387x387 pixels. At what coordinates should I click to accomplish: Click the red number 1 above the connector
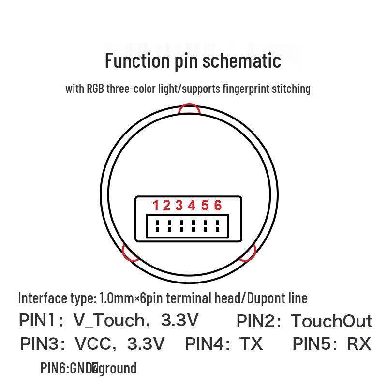156,206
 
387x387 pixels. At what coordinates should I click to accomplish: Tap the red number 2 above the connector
167,206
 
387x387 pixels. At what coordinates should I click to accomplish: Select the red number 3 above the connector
179,206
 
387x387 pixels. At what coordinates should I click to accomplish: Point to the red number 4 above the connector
192,206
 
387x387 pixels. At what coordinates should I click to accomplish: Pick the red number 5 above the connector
205,206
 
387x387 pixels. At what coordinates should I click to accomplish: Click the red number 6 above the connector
218,206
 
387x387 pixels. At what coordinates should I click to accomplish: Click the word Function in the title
136,61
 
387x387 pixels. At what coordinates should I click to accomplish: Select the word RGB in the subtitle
95,89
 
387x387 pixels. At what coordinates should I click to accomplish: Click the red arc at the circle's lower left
130,253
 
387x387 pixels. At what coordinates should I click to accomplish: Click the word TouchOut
331,321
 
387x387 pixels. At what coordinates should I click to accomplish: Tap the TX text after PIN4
251,344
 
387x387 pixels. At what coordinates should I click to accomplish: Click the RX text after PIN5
358,344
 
